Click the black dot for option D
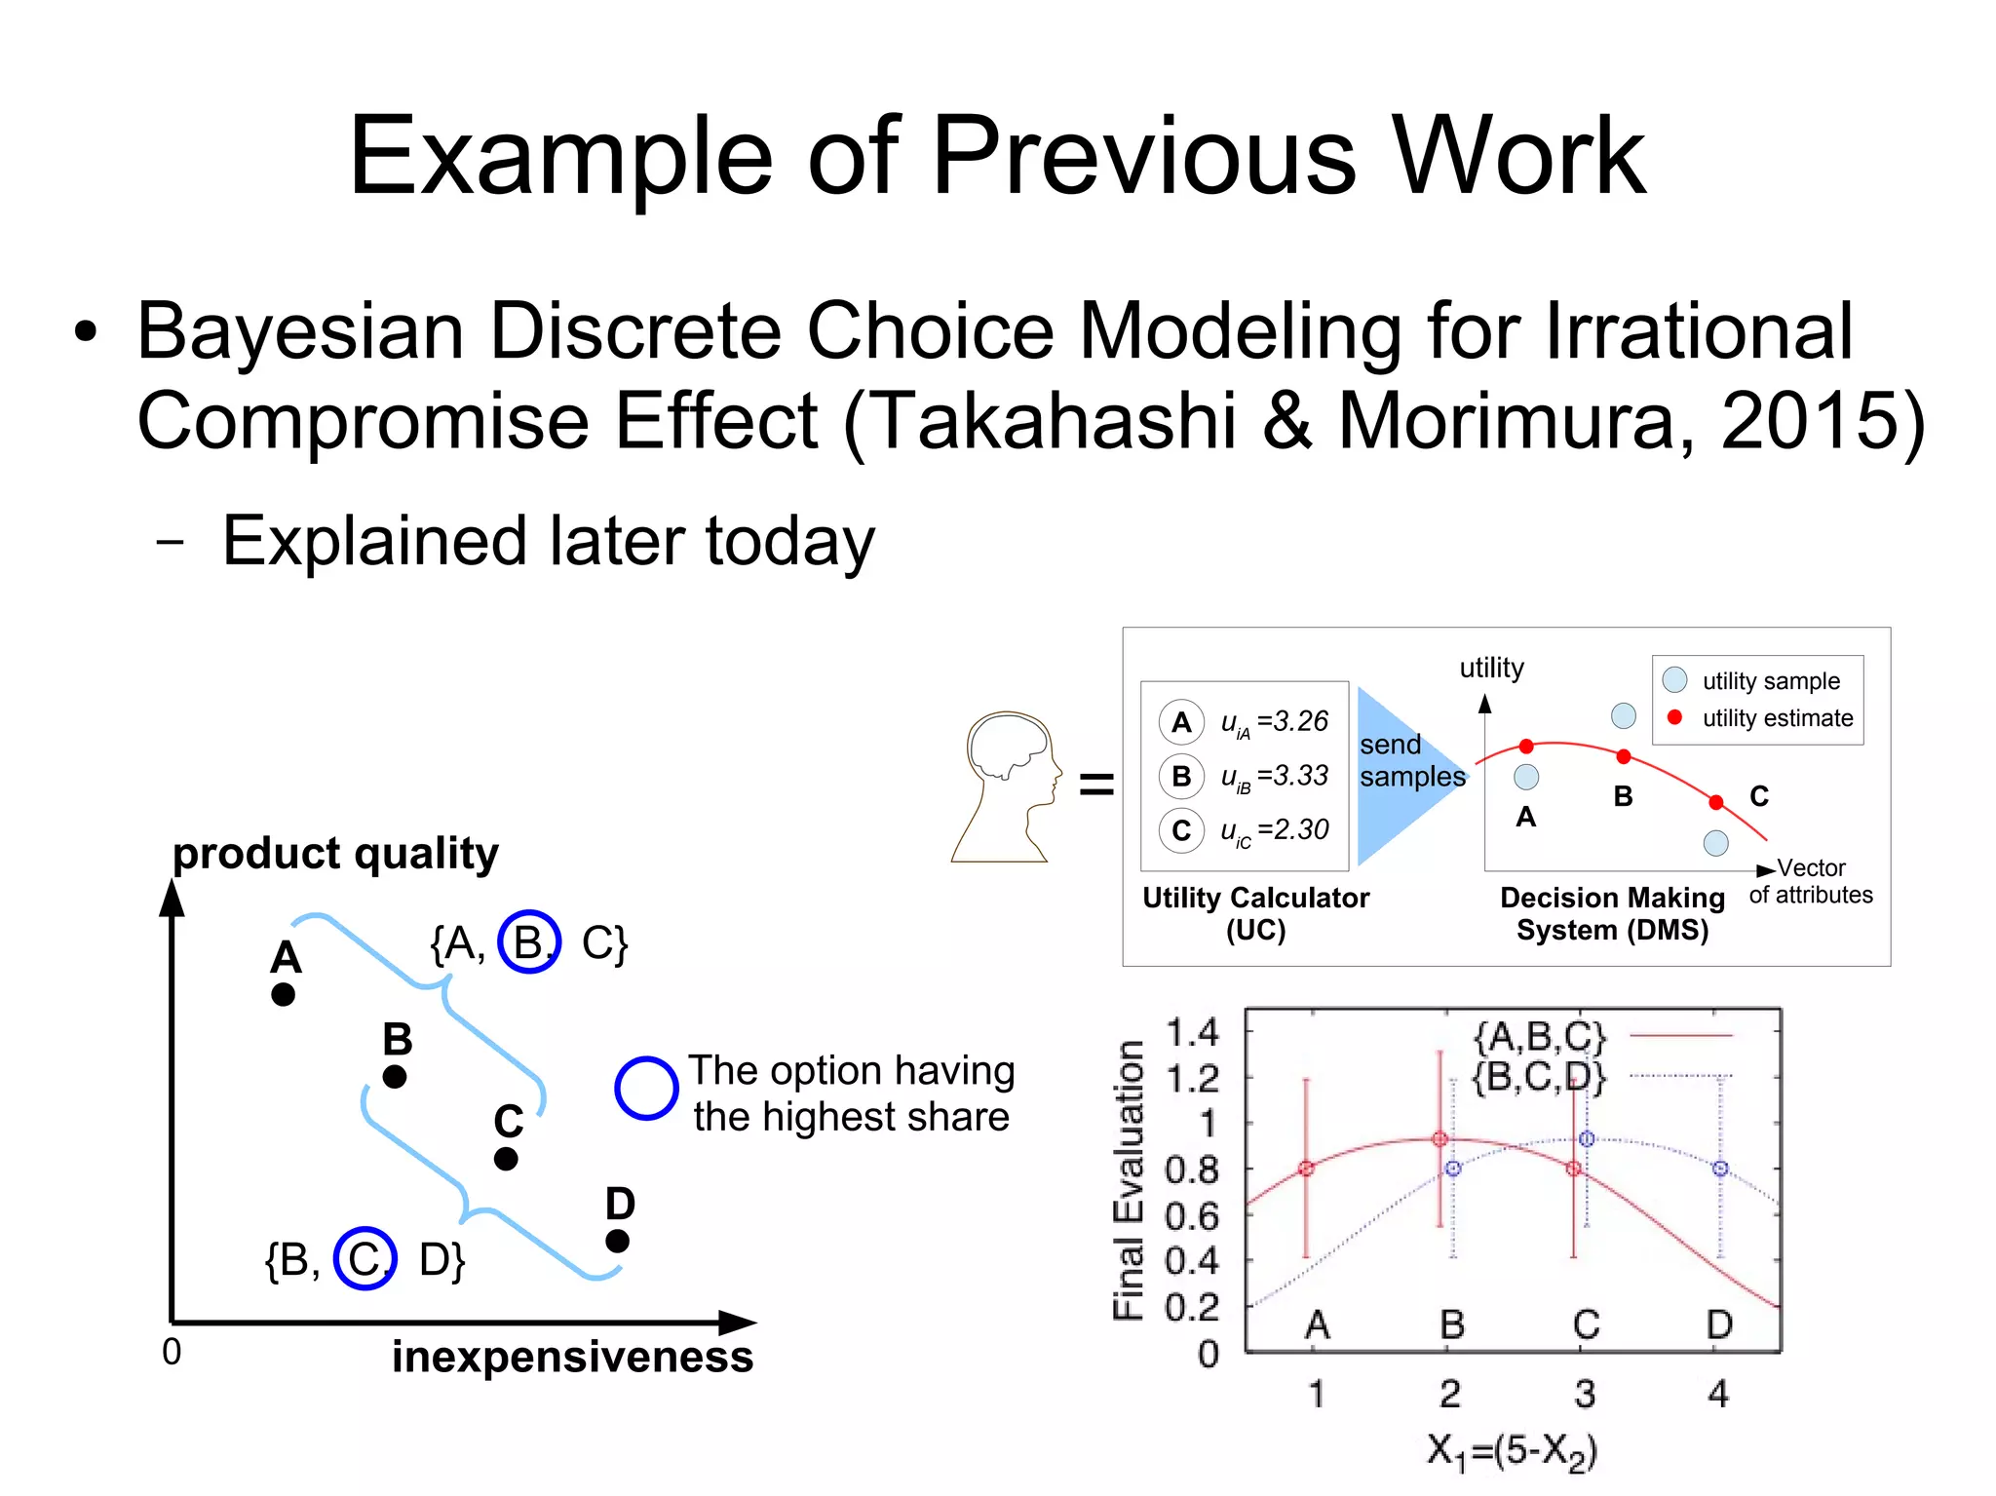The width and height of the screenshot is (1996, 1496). tap(617, 1241)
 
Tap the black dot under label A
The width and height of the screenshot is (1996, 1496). tap(284, 995)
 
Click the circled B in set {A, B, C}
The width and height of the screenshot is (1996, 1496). tap(529, 942)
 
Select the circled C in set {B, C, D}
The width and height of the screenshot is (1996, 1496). tap(365, 1258)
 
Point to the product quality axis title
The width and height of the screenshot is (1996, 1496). tap(335, 854)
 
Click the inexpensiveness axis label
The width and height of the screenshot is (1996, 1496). tap(572, 1357)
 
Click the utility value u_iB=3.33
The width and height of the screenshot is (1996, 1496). tap(1275, 777)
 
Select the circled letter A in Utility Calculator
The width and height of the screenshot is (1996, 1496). tap(1181, 722)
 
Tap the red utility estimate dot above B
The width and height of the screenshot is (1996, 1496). tap(1624, 756)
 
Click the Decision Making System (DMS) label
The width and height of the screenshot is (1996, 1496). tap(1612, 913)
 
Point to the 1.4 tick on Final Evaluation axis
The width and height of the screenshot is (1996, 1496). tap(1192, 1032)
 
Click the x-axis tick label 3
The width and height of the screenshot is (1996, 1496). tap(1585, 1394)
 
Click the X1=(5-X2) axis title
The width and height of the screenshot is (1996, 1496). tap(1512, 1451)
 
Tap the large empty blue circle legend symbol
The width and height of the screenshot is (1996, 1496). tap(646, 1088)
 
